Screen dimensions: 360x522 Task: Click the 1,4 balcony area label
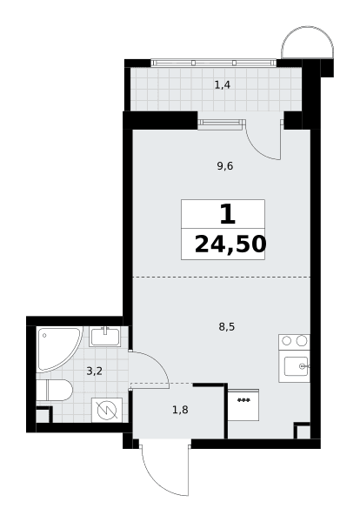click(223, 85)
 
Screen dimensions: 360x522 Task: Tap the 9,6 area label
click(225, 165)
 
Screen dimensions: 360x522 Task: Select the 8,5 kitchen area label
click(227, 327)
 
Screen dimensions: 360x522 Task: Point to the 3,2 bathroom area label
click(95, 371)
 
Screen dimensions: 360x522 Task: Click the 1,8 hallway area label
click(180, 410)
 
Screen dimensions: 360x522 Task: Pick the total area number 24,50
click(230, 244)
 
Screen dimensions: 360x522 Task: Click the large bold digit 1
click(228, 215)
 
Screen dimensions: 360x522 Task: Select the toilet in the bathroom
click(54, 390)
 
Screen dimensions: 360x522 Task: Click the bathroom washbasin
click(105, 336)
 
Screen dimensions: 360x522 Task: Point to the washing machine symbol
click(107, 410)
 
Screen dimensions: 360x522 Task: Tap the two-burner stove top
click(294, 341)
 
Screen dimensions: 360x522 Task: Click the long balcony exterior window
click(214, 63)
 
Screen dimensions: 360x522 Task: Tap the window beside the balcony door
click(221, 124)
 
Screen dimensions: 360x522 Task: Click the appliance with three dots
click(243, 405)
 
